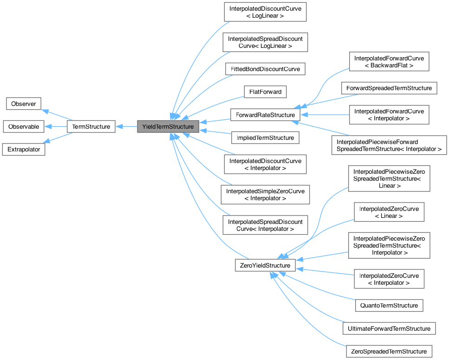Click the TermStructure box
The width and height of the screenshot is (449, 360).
click(x=91, y=126)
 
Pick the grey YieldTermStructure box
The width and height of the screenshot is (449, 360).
click(x=168, y=126)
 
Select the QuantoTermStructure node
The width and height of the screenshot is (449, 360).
click(x=389, y=305)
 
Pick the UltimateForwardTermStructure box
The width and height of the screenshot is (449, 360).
click(x=389, y=328)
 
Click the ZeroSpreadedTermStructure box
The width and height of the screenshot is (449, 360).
click(x=389, y=351)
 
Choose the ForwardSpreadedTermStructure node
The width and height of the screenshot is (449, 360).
click(x=389, y=88)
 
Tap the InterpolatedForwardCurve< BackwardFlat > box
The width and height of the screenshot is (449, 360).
click(x=389, y=62)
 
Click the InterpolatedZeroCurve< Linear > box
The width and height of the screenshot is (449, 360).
click(x=389, y=212)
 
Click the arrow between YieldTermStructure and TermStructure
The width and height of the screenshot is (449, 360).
click(x=126, y=126)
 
